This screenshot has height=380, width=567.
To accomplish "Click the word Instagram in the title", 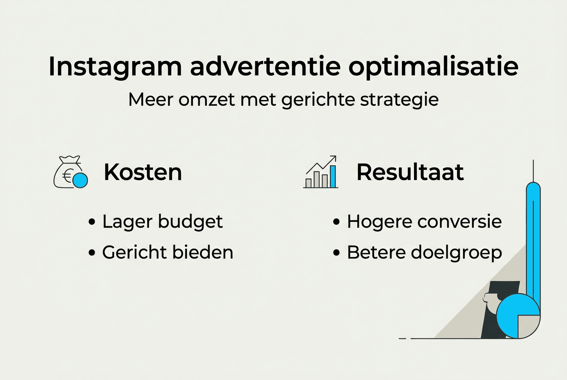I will (115, 67).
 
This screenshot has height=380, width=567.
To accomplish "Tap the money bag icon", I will (67, 173).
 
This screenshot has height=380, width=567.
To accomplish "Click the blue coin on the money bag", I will (80, 180).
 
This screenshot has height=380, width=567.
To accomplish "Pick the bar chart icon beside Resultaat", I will (320, 173).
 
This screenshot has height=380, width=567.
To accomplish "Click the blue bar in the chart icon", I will (332, 177).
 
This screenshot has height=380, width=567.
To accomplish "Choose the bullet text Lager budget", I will (162, 222).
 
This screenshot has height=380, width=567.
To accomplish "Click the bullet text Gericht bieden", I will (167, 253).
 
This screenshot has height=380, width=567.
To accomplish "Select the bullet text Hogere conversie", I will (424, 222).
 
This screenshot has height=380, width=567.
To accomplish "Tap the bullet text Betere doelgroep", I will (424, 253).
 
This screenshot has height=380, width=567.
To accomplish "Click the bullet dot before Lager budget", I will (92, 222).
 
